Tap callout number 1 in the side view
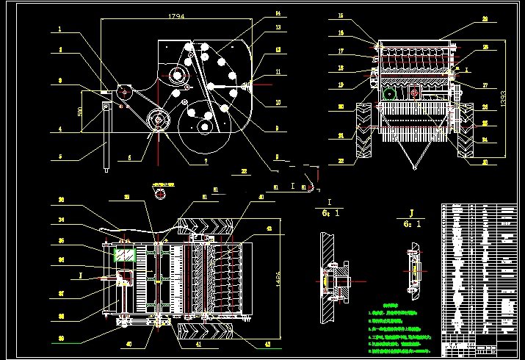coord(59,30)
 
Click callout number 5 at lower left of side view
coord(59,156)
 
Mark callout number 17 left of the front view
coord(341,51)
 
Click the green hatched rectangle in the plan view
coord(125,254)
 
